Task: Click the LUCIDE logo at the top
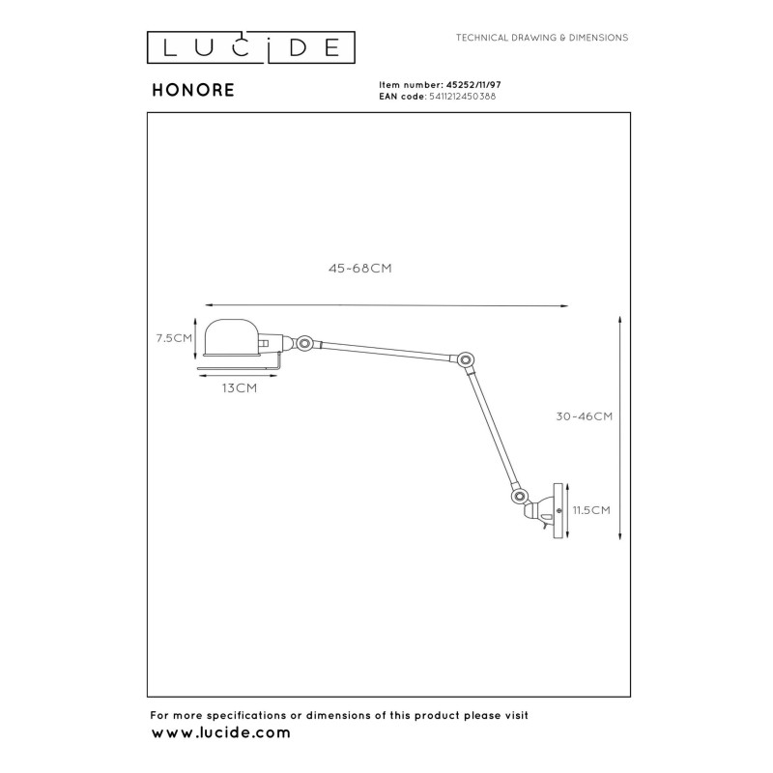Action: click(x=250, y=45)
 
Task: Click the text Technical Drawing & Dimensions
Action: click(x=541, y=38)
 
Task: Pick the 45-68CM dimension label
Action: click(x=359, y=270)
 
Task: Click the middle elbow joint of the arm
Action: click(x=467, y=361)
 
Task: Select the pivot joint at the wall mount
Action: click(x=520, y=497)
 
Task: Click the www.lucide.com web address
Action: click(x=220, y=734)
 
